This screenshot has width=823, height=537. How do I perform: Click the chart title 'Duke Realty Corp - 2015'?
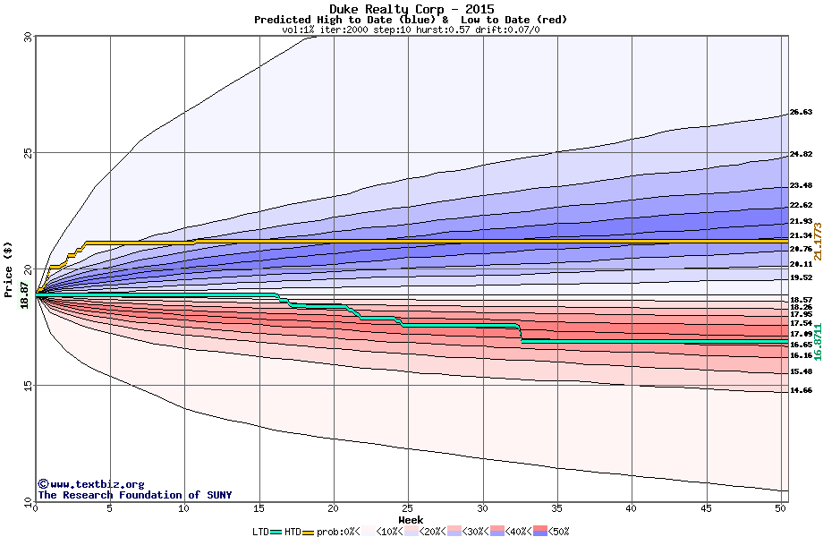click(411, 9)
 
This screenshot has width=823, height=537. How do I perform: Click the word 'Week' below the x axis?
click(411, 520)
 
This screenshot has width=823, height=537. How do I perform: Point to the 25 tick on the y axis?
click(27, 153)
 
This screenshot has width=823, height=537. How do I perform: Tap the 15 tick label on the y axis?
click(27, 386)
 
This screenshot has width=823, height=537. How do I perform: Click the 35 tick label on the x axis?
click(556, 508)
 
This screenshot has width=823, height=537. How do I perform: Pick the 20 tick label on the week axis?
click(333, 508)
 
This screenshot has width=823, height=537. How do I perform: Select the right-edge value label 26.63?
click(801, 113)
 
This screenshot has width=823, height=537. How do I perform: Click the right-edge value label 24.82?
click(801, 155)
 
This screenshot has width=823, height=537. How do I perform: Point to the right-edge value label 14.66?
click(801, 391)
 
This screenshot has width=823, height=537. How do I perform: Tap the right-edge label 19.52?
click(801, 278)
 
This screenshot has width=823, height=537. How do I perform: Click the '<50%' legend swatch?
click(539, 532)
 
